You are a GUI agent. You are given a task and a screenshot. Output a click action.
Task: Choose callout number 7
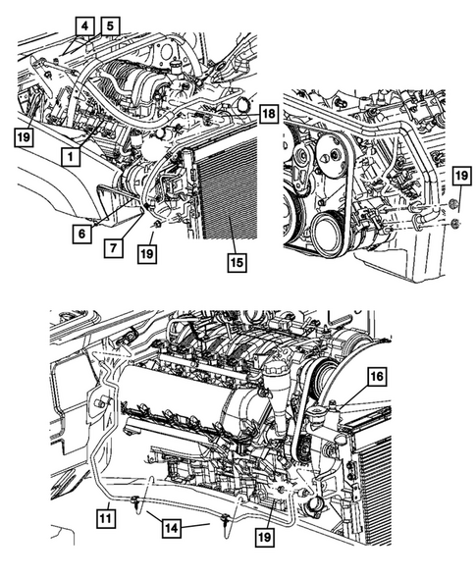(x=116, y=248)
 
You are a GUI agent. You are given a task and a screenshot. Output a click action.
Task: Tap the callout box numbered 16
(x=376, y=375)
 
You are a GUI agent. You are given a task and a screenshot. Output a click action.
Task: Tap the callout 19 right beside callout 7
(x=145, y=253)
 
